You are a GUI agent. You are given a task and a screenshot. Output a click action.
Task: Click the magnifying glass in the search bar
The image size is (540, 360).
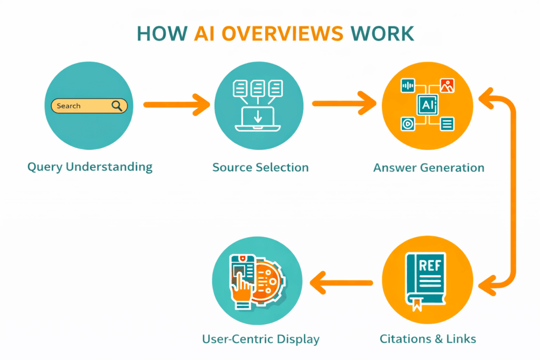pos(118,106)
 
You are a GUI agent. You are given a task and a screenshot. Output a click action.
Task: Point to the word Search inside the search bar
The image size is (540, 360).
pos(69,106)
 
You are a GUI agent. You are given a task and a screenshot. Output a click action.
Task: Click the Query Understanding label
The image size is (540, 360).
pos(90,168)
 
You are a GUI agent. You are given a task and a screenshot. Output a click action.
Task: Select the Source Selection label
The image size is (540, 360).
pos(261,168)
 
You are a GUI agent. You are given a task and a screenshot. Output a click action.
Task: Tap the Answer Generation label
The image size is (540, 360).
pos(429,168)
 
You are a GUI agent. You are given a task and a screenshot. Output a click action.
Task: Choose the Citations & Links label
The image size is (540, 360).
pos(428,338)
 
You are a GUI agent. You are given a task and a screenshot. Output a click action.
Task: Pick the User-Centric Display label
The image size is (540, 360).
pos(261,338)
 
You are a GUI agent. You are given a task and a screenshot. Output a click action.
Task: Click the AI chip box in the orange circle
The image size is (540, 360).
pos(427,105)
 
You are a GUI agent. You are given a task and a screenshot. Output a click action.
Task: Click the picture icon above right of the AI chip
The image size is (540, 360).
pos(447,86)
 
